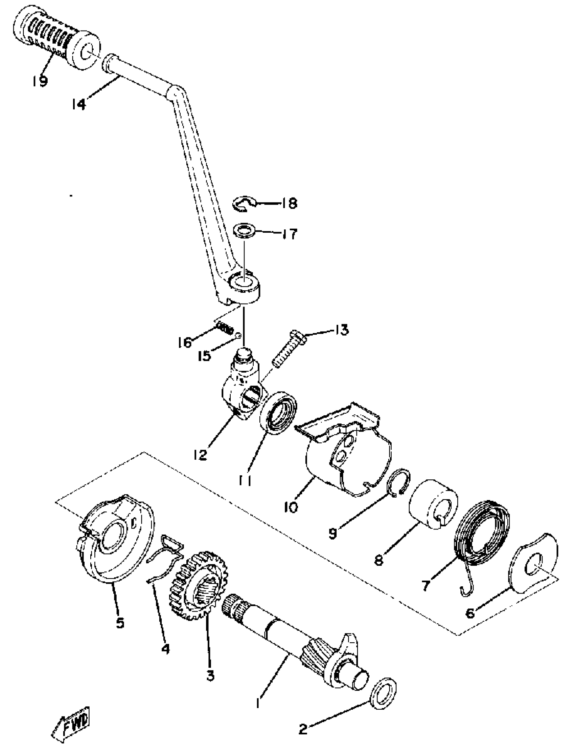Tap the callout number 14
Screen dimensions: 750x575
coord(79,104)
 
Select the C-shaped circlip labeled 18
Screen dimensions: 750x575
coord(243,204)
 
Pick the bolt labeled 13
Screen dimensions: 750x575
coord(287,350)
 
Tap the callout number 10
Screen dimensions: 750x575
coord(291,508)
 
